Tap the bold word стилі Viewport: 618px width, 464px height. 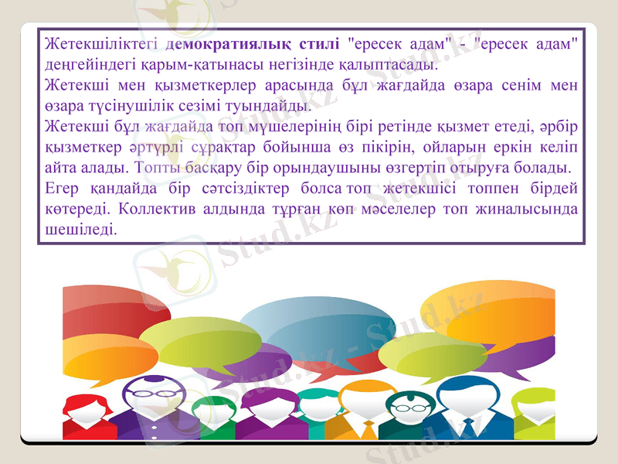(318, 42)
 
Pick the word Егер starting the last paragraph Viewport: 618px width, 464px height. (62, 187)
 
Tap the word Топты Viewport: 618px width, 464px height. (154, 166)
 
